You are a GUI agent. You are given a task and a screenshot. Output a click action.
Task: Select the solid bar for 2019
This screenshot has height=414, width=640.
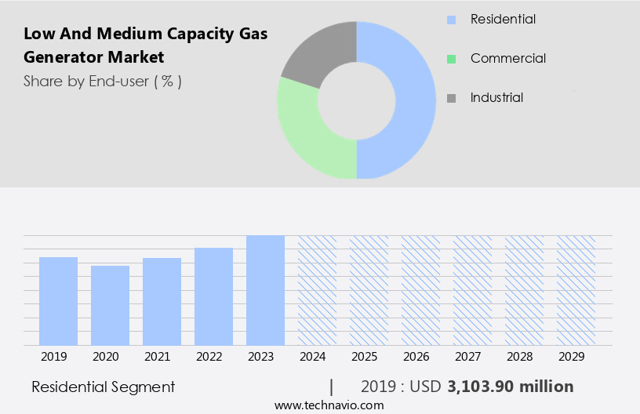tap(58, 301)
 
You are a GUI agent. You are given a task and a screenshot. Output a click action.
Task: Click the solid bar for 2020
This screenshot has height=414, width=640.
tap(110, 306)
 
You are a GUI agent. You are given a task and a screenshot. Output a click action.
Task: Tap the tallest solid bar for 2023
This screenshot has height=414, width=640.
tap(265, 290)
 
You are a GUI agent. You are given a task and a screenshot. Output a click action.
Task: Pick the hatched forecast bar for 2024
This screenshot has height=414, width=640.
tap(317, 290)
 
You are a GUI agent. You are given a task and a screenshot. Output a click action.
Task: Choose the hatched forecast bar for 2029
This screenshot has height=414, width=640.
tap(576, 290)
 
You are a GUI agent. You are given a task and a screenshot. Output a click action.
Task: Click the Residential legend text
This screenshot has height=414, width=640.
tap(503, 19)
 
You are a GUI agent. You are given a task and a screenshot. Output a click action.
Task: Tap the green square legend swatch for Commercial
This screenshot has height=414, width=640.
tap(451, 59)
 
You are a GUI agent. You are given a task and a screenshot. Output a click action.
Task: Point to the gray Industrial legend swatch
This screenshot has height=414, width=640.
tap(451, 98)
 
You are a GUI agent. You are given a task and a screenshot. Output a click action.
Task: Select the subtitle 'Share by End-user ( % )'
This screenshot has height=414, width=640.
tap(103, 81)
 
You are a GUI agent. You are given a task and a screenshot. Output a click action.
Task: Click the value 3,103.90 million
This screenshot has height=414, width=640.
tap(510, 387)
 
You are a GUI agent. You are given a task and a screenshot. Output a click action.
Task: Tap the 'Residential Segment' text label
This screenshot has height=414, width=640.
tap(104, 387)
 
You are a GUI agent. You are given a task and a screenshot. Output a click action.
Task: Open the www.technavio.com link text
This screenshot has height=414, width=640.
tap(329, 405)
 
